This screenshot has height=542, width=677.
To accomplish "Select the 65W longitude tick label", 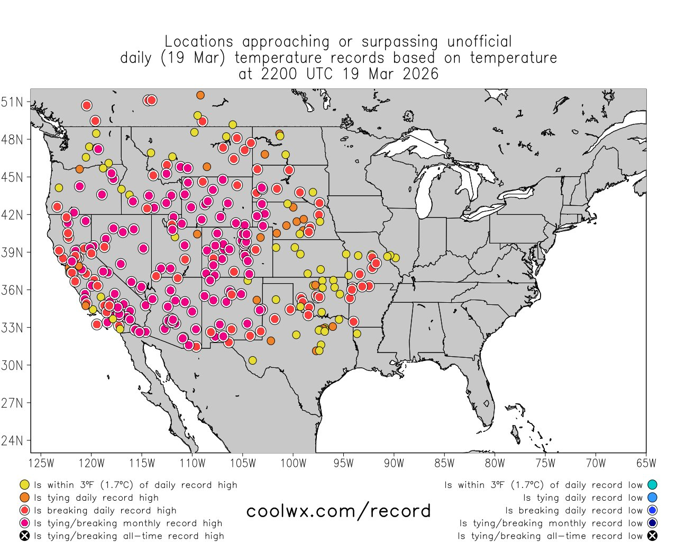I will (x=646, y=464).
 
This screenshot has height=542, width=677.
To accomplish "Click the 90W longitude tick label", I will (x=394, y=464).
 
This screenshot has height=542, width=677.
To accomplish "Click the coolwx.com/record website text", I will (x=338, y=511).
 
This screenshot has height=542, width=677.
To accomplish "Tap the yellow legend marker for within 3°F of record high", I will (x=24, y=485).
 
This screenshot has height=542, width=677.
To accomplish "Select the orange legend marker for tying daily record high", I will (x=24, y=498).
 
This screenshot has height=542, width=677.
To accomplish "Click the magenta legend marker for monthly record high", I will (x=24, y=523).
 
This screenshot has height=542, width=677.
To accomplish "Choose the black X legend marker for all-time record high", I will (x=24, y=536).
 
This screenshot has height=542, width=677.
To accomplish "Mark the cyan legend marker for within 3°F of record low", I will (x=652, y=485).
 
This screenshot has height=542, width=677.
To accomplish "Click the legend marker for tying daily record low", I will (x=652, y=498).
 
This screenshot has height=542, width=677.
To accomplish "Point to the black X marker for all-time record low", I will (x=652, y=536).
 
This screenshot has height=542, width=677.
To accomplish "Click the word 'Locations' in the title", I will (x=198, y=42).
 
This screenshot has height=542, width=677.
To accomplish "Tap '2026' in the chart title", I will (x=420, y=74).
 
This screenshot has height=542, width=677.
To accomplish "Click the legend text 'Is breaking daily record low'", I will (x=573, y=511).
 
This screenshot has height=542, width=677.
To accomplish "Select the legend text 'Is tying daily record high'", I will (x=96, y=498).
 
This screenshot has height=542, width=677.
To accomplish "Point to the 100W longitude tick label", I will (x=293, y=464).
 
